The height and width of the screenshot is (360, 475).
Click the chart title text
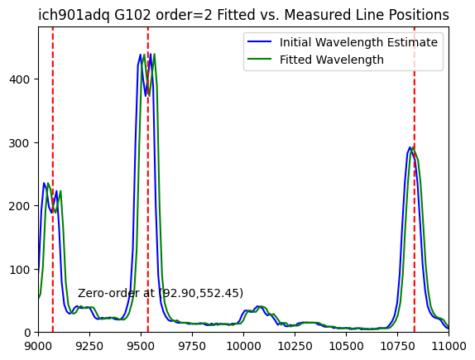pyautogui.click(x=243, y=15)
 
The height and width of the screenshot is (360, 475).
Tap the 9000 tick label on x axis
pyautogui.click(x=38, y=346)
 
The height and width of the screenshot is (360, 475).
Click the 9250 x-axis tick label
pyautogui.click(x=89, y=346)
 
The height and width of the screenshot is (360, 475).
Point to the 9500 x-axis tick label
pyautogui.click(x=141, y=346)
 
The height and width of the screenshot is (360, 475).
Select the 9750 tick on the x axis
pyautogui.click(x=192, y=346)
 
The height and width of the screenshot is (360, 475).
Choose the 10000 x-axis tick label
pyautogui.click(x=243, y=346)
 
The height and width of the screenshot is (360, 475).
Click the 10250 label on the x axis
pyautogui.click(x=295, y=346)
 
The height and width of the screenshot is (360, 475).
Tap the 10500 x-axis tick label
pyautogui.click(x=346, y=346)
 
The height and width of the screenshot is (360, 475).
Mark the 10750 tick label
pyautogui.click(x=397, y=346)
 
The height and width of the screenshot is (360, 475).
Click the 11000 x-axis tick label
pyautogui.click(x=449, y=346)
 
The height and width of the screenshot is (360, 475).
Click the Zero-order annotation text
pyautogui.click(x=161, y=293)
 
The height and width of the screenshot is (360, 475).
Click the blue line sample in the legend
pyautogui.click(x=259, y=41)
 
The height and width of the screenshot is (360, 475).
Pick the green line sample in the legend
pyautogui.click(x=259, y=59)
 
